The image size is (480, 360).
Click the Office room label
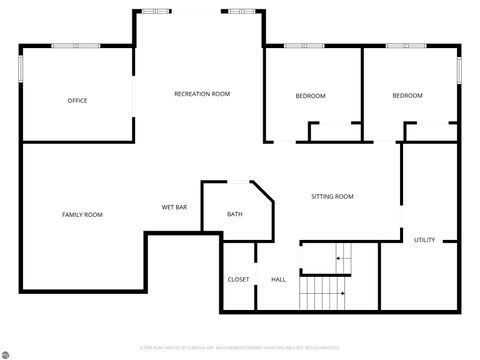77,101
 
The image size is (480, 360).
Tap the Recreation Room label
202,94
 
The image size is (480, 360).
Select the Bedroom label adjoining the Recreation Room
310,96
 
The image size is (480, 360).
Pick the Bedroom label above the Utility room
407,96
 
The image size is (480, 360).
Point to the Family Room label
82,215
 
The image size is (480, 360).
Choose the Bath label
234,215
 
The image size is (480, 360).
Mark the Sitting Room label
332,197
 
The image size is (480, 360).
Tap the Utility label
424,240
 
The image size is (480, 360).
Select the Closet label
238,279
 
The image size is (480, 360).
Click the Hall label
278,279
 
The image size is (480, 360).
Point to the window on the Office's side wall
21,69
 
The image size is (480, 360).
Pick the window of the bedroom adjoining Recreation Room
298,46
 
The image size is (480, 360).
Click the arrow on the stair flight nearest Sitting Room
341,258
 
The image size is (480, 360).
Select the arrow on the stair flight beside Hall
341,293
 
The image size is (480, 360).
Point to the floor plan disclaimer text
240,348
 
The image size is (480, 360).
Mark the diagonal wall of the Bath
262,191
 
